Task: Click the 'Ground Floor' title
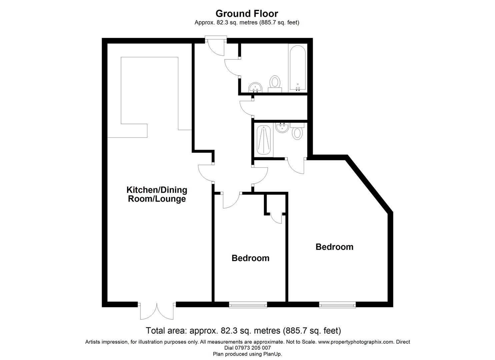(247, 14)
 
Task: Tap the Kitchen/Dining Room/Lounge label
(157, 194)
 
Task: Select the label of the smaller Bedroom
(250, 258)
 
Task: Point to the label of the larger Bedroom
(334, 247)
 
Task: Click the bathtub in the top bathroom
(298, 68)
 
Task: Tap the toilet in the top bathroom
(275, 84)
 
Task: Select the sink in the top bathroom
(255, 88)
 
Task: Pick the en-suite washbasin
(282, 128)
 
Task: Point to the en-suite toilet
(297, 131)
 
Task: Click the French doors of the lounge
(157, 311)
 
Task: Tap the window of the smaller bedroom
(248, 305)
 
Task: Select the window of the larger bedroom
(337, 305)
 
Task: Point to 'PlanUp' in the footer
(272, 354)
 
